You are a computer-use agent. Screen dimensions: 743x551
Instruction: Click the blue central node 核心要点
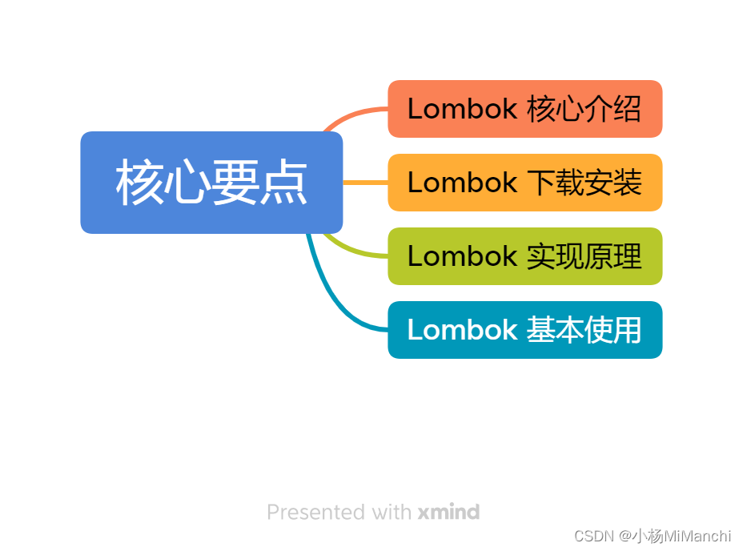click(x=211, y=183)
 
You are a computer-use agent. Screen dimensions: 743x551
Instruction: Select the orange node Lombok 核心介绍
click(x=524, y=109)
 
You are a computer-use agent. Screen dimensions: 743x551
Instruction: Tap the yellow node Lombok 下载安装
click(x=524, y=183)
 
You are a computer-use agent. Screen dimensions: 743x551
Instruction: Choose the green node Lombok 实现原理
click(x=524, y=256)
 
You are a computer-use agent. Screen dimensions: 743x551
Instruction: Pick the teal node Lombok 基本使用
click(x=524, y=330)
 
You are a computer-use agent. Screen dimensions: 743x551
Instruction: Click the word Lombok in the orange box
click(x=462, y=109)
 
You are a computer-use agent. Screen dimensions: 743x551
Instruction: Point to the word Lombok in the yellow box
click(x=462, y=183)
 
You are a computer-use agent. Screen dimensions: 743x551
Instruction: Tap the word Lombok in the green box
click(x=462, y=256)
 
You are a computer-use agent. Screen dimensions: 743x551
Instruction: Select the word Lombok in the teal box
click(x=462, y=330)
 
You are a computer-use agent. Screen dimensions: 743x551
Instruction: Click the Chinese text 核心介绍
click(x=584, y=109)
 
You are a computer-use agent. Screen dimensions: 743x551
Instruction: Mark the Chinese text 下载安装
click(x=584, y=183)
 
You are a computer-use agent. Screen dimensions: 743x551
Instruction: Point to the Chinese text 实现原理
click(x=584, y=256)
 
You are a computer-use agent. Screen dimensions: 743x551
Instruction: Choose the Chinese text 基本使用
click(x=584, y=330)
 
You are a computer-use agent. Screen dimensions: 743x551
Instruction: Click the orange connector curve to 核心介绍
click(x=352, y=114)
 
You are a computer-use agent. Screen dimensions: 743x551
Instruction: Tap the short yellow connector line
click(x=365, y=183)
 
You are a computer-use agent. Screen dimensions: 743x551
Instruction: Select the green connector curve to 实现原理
click(x=352, y=250)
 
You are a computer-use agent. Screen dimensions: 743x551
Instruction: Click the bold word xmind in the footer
click(x=448, y=512)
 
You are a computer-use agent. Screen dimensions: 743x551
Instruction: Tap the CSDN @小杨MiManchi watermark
click(x=653, y=536)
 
